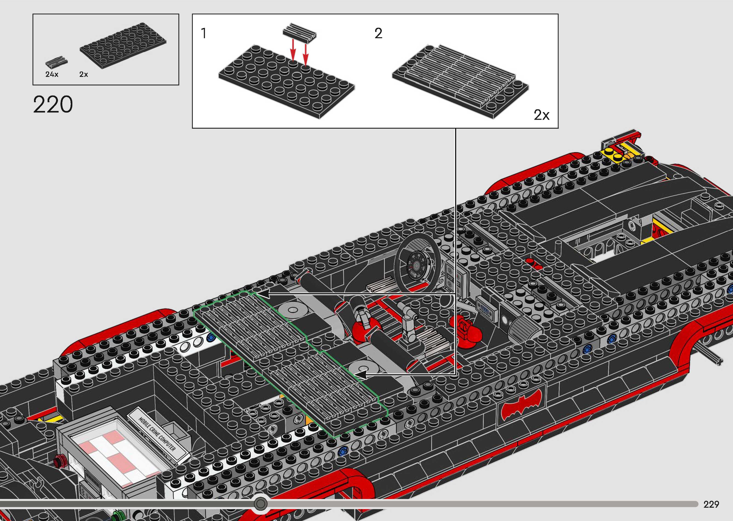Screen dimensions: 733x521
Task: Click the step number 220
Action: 53,104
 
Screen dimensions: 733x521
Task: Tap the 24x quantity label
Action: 52,74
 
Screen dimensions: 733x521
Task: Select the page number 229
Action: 711,504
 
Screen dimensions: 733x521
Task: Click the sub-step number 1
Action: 203,33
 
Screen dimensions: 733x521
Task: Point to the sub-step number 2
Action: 378,33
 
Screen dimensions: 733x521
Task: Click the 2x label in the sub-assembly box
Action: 541,115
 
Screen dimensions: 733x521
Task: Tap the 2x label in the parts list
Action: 83,74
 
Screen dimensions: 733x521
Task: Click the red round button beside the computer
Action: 59,462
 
